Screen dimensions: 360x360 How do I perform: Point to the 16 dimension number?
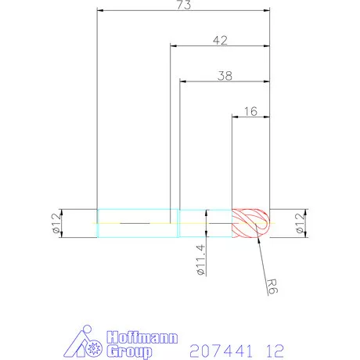coord(250,111)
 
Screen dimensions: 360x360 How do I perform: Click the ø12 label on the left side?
coord(56,223)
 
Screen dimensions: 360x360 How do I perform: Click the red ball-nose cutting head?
coord(251,222)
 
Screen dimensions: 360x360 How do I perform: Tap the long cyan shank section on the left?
coord(133,222)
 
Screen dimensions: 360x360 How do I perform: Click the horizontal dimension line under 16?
coord(250,117)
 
